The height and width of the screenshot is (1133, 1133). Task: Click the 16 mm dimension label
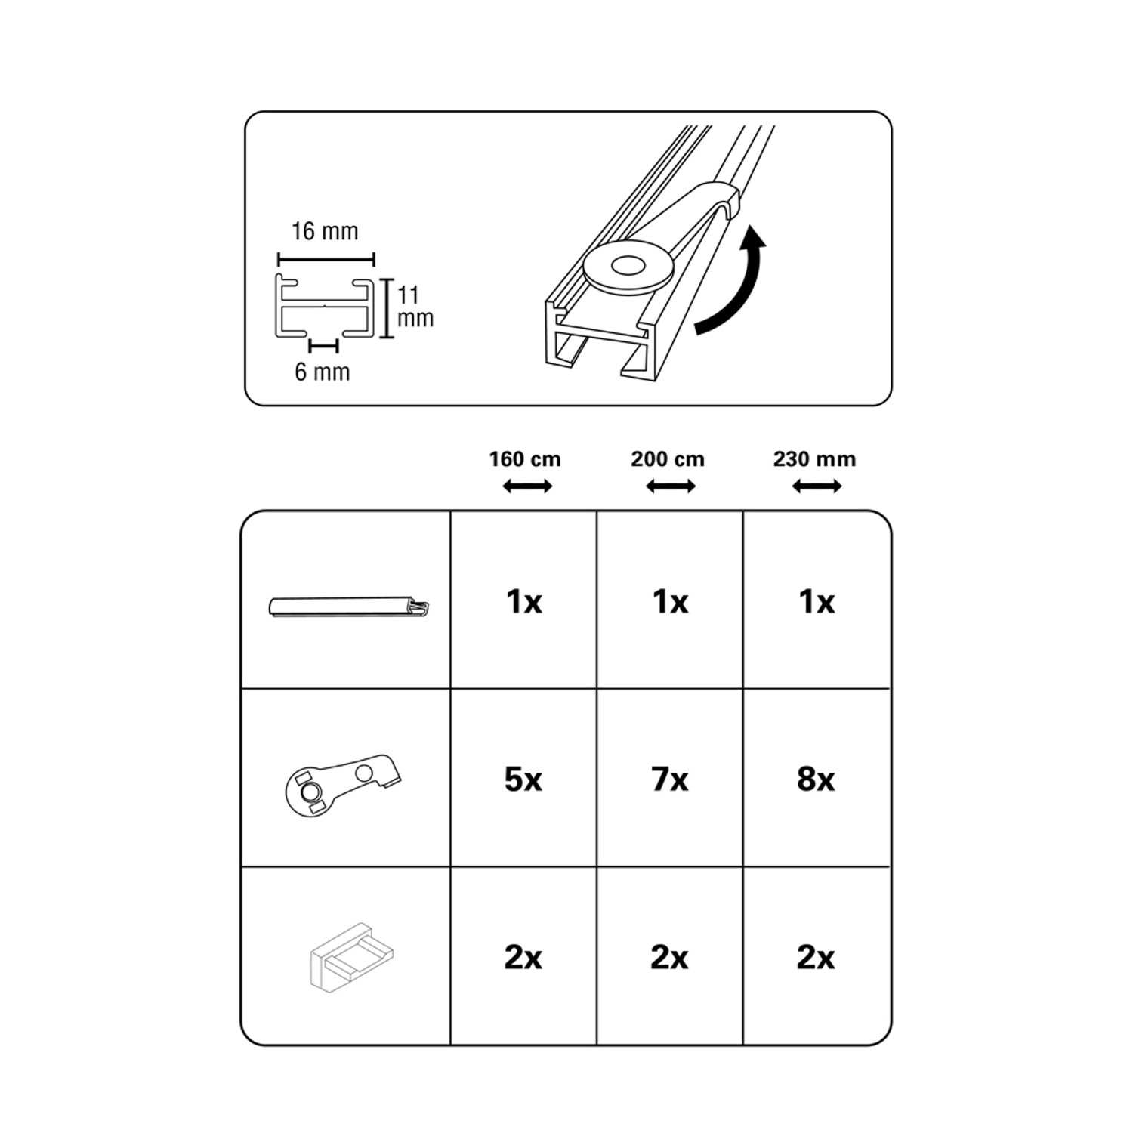(x=325, y=231)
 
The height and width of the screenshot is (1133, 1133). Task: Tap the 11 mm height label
(x=415, y=306)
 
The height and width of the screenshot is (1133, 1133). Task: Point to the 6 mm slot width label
(x=323, y=372)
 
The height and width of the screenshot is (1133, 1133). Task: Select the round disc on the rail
(x=629, y=267)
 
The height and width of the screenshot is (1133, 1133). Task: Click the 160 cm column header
(x=525, y=459)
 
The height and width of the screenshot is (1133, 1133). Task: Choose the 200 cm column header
(x=668, y=459)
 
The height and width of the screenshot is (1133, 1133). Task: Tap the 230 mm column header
(x=814, y=459)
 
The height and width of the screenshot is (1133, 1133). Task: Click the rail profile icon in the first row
(x=349, y=607)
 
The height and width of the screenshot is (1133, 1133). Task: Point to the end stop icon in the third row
(x=352, y=957)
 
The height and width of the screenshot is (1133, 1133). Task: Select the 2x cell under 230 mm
(x=816, y=958)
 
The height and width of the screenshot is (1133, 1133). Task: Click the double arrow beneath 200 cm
(x=671, y=487)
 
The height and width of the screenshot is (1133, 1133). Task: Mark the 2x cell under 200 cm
(x=670, y=958)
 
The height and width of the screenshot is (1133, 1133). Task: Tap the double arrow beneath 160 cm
(x=527, y=487)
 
